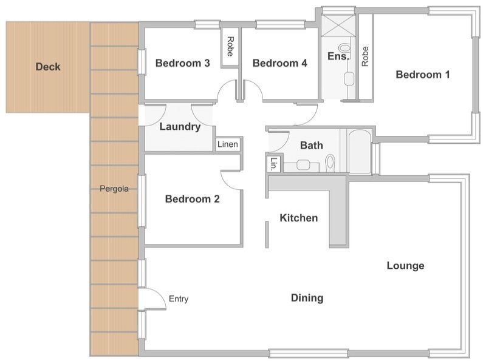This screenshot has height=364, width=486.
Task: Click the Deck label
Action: [48, 67]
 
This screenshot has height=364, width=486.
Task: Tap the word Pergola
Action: [114, 189]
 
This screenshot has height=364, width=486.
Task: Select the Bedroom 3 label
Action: [183, 63]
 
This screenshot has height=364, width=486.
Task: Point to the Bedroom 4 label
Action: [280, 63]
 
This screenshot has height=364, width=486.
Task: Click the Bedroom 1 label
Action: [423, 75]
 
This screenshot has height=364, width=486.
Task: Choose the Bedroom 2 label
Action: [193, 199]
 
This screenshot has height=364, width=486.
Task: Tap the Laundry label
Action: [180, 127]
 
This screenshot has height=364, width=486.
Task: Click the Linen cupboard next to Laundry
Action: [228, 144]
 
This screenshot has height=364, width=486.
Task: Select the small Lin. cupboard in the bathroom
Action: [274, 164]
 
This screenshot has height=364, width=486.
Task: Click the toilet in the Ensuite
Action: [344, 48]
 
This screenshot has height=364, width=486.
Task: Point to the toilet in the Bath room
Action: [330, 163]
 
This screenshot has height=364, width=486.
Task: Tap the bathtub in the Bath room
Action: [360, 152]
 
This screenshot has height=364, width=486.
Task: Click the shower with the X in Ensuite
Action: [338, 25]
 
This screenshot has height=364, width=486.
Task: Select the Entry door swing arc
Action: [160, 295]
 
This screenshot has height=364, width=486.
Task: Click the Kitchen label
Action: [299, 218]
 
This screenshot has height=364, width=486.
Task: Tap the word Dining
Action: [307, 298]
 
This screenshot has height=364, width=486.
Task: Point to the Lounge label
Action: [405, 266]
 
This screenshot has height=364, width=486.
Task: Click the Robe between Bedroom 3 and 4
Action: [230, 47]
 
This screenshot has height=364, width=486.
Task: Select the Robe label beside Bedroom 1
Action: [365, 56]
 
